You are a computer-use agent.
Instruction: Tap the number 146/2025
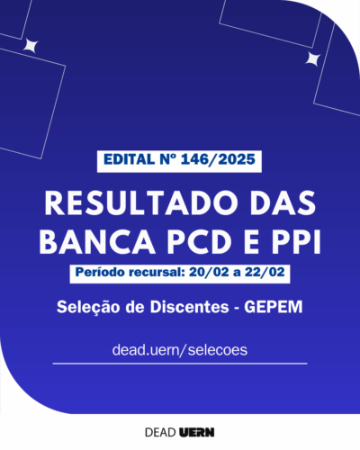click(x=219, y=159)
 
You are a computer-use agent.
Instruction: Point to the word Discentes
click(x=190, y=307)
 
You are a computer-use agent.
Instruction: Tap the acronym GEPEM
click(x=274, y=307)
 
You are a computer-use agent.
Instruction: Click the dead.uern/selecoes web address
click(x=180, y=350)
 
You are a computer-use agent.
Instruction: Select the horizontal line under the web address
click(x=180, y=364)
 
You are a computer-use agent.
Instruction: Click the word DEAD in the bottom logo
click(x=160, y=432)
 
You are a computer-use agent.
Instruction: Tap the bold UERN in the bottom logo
click(x=197, y=432)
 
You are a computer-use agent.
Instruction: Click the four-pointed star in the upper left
click(x=31, y=46)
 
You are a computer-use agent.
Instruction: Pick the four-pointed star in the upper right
click(x=313, y=58)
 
